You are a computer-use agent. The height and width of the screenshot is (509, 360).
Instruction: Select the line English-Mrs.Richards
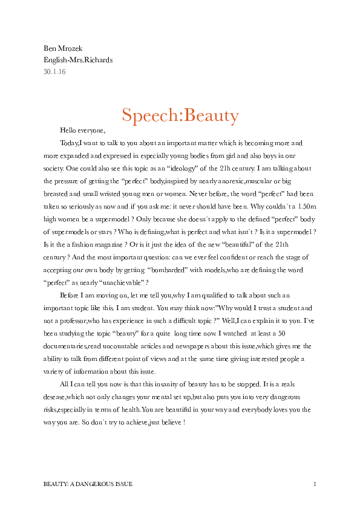[78, 60]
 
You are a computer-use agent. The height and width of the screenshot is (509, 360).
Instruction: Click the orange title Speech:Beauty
[180, 115]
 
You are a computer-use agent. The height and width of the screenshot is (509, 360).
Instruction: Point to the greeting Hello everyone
[82, 130]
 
